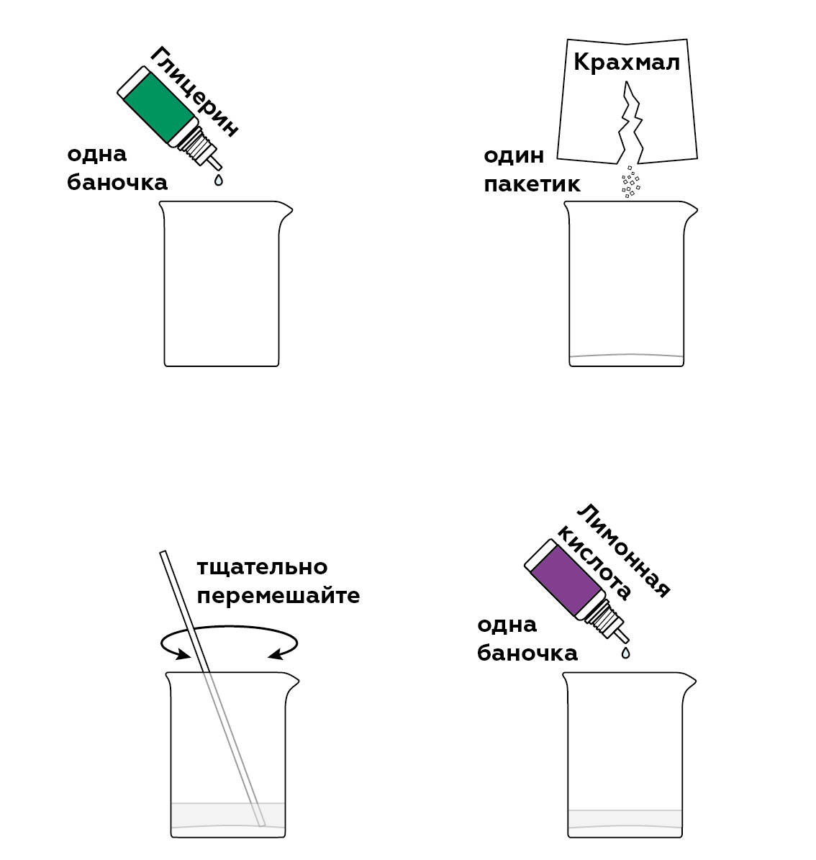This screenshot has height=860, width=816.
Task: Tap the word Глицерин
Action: click(195, 91)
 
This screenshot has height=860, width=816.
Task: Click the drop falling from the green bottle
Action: click(218, 179)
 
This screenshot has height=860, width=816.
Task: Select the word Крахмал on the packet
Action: click(626, 62)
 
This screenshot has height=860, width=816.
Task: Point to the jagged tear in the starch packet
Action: click(630, 122)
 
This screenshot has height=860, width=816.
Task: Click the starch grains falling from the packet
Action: click(630, 181)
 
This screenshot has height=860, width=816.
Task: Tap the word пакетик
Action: click(531, 184)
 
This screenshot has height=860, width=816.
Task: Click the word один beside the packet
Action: click(513, 155)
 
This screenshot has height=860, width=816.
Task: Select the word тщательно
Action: click(262, 567)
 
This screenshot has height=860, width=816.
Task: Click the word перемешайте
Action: click(278, 596)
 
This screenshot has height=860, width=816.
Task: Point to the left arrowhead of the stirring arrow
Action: click(183, 653)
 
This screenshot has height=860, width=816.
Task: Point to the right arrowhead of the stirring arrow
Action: click(275, 653)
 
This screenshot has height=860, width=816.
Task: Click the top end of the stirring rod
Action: click(163, 552)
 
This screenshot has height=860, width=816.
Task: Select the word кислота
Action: click(594, 561)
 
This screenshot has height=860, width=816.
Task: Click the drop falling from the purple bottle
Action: click(625, 652)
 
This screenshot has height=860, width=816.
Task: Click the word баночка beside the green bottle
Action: click(117, 183)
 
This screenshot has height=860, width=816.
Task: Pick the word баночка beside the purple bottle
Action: click(527, 653)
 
